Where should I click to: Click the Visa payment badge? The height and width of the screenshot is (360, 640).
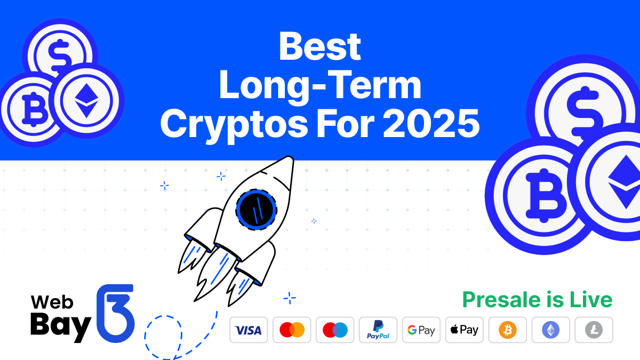click(x=249, y=330)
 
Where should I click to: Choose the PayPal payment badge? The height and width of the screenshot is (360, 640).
click(x=378, y=330)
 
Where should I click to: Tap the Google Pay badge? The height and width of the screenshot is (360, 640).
click(x=421, y=330)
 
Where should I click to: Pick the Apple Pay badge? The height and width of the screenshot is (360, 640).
click(x=465, y=330)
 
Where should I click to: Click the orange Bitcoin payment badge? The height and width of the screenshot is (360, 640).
click(x=508, y=330)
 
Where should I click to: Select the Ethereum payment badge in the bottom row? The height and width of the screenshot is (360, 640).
click(x=551, y=330)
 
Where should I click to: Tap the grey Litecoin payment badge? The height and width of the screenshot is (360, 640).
click(x=594, y=330)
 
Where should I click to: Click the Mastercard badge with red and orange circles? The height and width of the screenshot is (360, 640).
click(x=292, y=330)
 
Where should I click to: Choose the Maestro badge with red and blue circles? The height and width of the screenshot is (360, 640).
click(x=335, y=330)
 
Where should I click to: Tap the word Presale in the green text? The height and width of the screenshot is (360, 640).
click(x=500, y=300)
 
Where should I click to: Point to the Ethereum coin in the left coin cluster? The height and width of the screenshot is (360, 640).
click(x=85, y=99)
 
